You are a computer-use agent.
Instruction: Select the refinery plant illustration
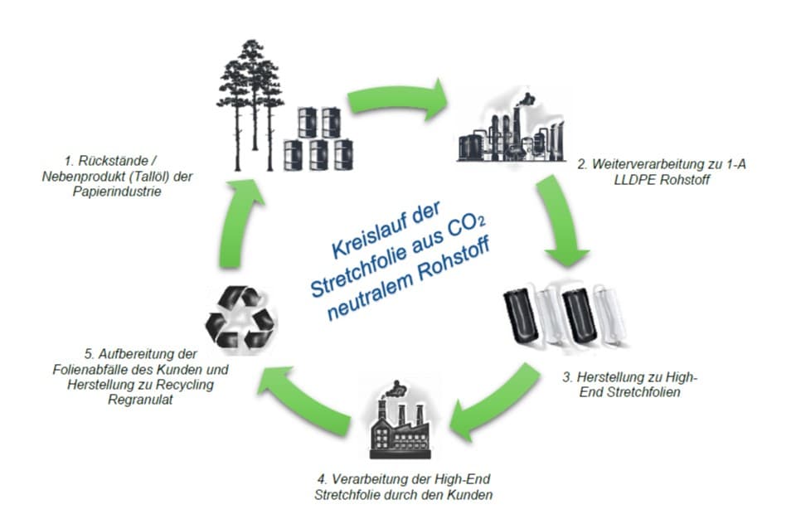coord(507,129)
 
